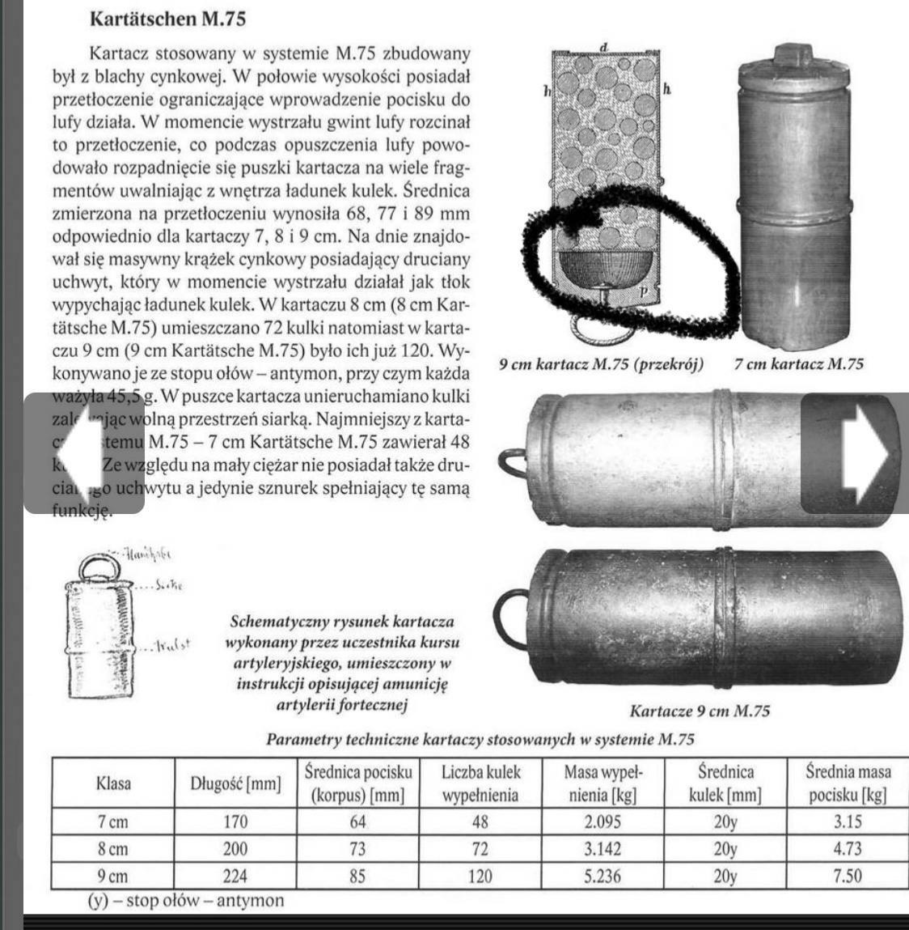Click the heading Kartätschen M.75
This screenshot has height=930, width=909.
pos(167,18)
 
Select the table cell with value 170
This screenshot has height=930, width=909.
pos(235,822)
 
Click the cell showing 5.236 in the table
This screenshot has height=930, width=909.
pos(602,877)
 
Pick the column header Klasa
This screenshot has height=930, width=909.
pos(112,783)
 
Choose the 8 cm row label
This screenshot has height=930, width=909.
pos(112,850)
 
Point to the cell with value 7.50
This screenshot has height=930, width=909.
pos(848,877)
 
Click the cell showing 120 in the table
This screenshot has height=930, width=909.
pos(480,877)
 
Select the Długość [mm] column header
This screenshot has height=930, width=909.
pos(235,783)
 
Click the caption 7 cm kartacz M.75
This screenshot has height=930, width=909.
pos(798,364)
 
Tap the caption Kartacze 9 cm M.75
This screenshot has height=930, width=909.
pos(700,711)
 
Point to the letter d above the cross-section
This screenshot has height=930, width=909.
pos(603,48)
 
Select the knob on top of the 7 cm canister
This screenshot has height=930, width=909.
pos(793,57)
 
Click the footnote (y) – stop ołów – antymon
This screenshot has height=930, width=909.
pos(186,900)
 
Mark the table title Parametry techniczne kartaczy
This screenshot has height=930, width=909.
pos(480,739)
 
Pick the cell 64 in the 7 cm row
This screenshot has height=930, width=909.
pos(357,822)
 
